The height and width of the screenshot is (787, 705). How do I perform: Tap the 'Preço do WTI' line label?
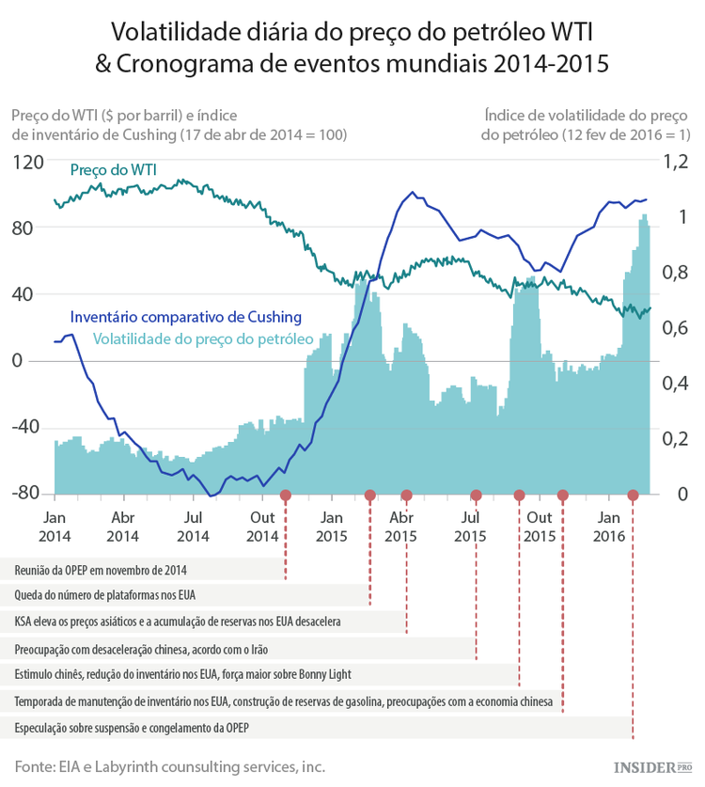(x=114, y=170)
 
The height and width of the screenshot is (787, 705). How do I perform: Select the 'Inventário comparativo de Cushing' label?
(x=186, y=316)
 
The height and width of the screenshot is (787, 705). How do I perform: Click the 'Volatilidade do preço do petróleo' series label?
(x=202, y=337)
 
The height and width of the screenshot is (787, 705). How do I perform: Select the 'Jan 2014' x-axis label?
(x=54, y=527)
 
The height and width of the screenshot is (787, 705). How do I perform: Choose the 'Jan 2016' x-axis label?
(x=609, y=527)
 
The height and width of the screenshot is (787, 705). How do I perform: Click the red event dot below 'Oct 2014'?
(x=286, y=495)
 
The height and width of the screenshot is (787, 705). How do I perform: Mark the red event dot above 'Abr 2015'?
(x=407, y=495)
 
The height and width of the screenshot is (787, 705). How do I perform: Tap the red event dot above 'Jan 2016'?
(x=633, y=495)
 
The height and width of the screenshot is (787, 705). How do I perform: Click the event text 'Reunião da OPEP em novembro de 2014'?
(x=101, y=569)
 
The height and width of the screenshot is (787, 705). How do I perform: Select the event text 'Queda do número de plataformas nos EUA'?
(x=105, y=595)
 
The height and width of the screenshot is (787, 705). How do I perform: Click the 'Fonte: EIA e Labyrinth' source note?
(x=169, y=766)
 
